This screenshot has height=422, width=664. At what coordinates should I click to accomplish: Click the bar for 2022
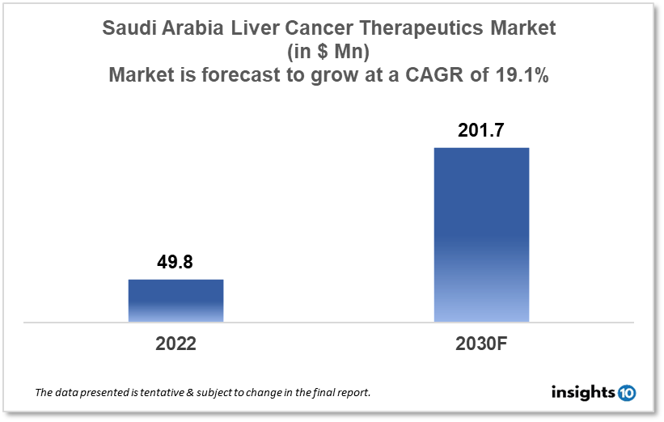point(176,301)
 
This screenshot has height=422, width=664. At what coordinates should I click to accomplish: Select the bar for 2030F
point(481,234)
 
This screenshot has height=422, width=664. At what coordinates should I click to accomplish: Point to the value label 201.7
point(481,130)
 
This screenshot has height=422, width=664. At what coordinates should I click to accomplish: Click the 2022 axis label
point(176,343)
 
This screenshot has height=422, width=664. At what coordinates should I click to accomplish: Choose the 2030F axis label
point(481,343)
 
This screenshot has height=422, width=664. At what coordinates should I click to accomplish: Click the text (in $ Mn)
point(329,52)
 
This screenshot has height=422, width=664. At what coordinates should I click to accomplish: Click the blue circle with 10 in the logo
point(626,393)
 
